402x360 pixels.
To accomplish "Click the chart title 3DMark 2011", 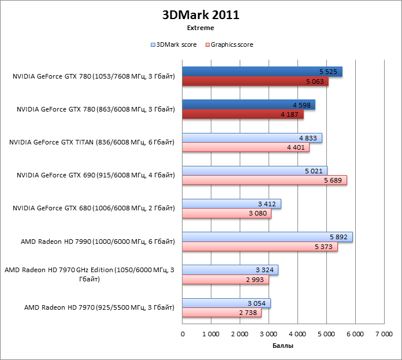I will point(200,15).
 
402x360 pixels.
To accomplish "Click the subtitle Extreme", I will point(200,27).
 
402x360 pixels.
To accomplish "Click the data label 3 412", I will point(267,204).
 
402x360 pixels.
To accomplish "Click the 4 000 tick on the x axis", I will point(297,333).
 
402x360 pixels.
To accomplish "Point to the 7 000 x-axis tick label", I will point(384,333).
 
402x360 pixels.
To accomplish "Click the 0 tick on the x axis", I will point(183,333).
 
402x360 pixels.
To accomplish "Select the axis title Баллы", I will point(282,346).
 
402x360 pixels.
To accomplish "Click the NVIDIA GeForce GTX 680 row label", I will point(95,208).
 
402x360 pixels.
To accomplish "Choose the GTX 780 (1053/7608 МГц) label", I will point(93,76).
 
